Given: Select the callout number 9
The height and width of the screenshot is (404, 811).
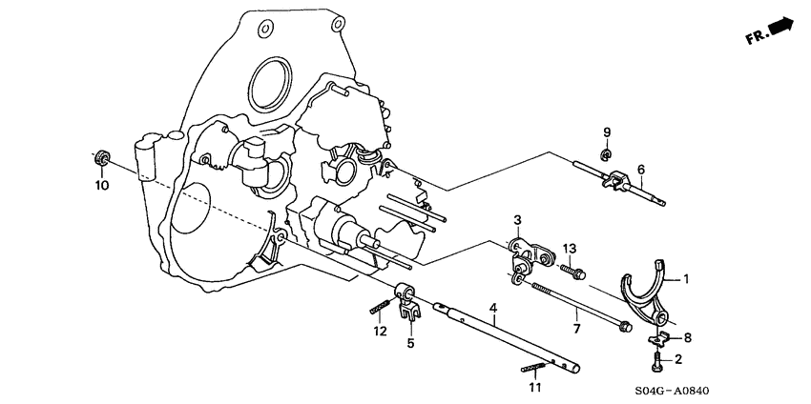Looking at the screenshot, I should pyautogui.click(x=605, y=131).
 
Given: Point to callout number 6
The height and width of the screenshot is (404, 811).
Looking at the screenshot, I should pyautogui.click(x=640, y=170).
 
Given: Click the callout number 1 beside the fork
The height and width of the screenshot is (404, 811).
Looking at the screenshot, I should pyautogui.click(x=685, y=280).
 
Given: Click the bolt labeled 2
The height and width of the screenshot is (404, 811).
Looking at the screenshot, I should pyautogui.click(x=656, y=361).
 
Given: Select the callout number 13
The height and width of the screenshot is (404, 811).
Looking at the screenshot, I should pyautogui.click(x=570, y=249).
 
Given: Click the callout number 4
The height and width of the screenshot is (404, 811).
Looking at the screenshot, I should pyautogui.click(x=493, y=308).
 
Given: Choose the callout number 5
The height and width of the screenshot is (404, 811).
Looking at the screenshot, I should pyautogui.click(x=411, y=343).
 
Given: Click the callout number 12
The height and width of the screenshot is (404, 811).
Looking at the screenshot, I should pyautogui.click(x=380, y=331).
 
